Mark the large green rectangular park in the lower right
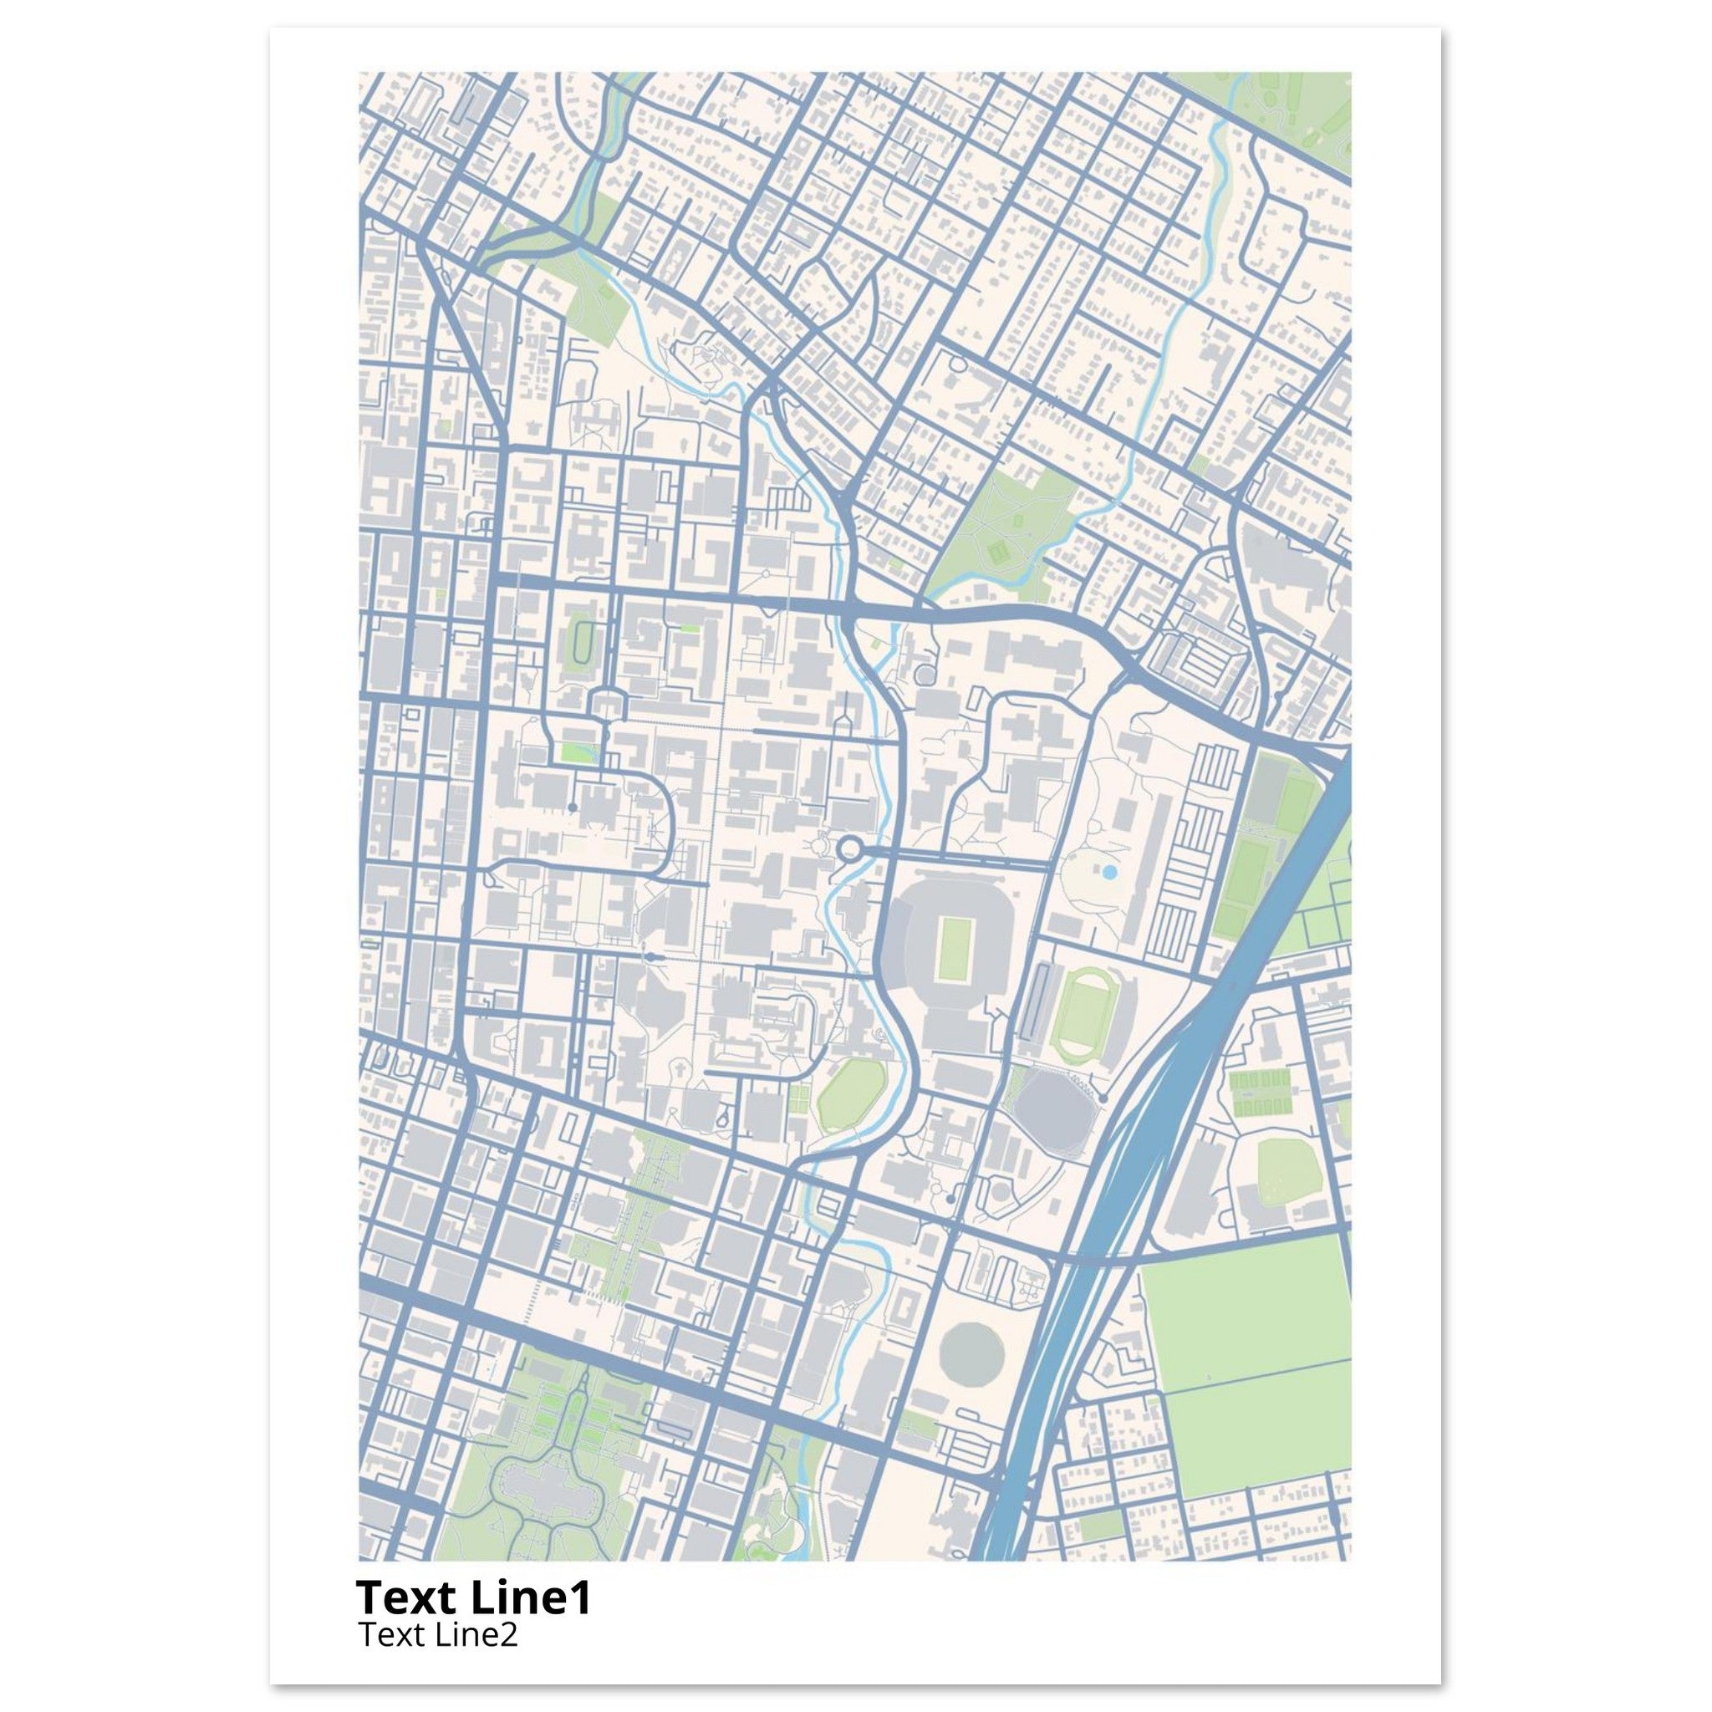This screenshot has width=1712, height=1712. point(1245,1383)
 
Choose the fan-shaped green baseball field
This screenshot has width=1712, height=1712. point(1289,1169)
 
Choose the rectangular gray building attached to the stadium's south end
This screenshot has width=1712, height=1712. point(957,1031)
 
